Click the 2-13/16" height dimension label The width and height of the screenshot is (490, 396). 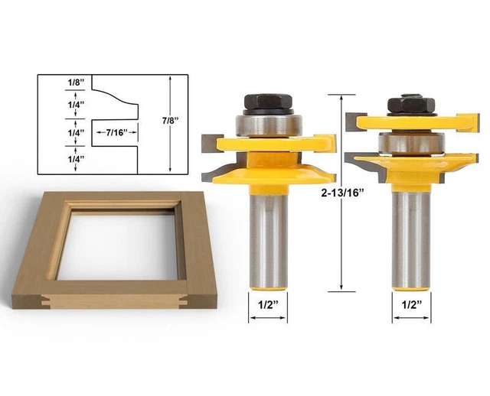(x=347, y=193)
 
